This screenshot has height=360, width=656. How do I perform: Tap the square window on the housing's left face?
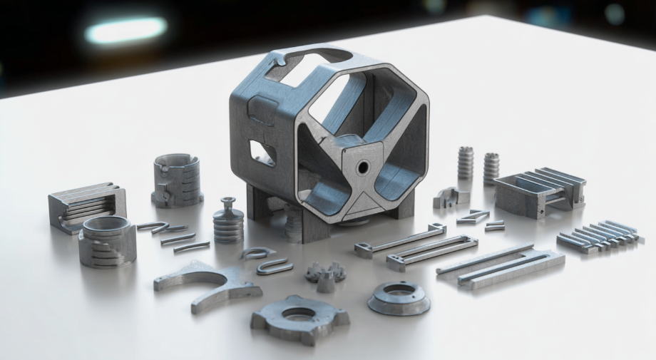[x=262, y=152]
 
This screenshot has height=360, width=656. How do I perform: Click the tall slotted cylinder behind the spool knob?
[x=177, y=180]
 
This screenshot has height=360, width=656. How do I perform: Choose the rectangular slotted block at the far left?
[x=86, y=206]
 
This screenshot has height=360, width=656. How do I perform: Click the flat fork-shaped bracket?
[x=207, y=283]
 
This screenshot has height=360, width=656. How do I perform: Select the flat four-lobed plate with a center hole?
[x=299, y=317]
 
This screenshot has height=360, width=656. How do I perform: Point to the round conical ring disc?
[x=399, y=296]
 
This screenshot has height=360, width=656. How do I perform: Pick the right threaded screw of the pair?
[x=491, y=167]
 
